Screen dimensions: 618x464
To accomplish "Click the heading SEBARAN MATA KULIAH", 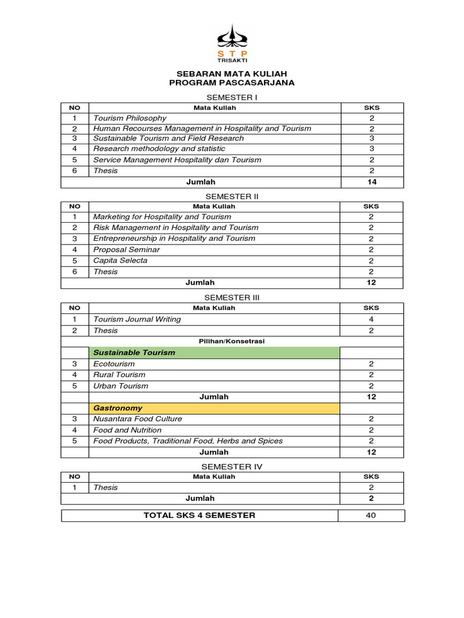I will (x=232, y=73).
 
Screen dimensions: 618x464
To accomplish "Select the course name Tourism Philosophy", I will (x=130, y=118).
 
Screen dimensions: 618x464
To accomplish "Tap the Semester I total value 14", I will (x=372, y=182).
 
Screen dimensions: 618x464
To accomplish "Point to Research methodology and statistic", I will (x=159, y=148).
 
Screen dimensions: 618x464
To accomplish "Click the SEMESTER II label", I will (x=232, y=196).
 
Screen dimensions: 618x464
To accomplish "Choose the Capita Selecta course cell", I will (x=120, y=261).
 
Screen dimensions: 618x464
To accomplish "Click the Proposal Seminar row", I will (x=126, y=249).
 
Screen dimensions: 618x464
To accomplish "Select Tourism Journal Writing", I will (x=137, y=319).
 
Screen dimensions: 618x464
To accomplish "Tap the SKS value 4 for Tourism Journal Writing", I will (x=371, y=319).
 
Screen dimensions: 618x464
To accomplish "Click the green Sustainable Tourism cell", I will (x=214, y=352).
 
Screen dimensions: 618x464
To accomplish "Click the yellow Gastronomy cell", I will (x=214, y=408).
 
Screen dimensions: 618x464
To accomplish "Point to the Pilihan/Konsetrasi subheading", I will (x=232, y=341).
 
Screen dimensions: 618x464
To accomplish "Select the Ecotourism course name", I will (x=114, y=364).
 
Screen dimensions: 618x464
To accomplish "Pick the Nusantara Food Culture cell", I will (x=137, y=419).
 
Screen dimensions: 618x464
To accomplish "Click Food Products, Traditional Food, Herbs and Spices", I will (x=188, y=441).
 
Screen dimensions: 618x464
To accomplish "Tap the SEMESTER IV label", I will (x=232, y=467).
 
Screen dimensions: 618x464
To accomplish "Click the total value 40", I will (x=371, y=515).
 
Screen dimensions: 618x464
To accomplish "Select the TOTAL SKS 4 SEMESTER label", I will (x=199, y=515).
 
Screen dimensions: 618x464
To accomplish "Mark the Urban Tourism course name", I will (x=120, y=386).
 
